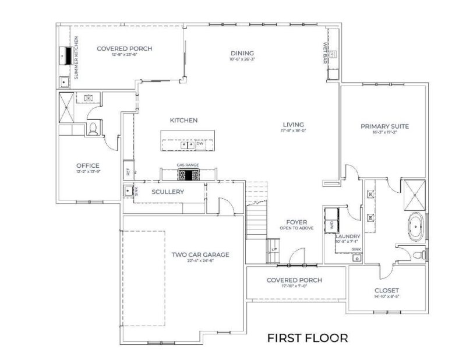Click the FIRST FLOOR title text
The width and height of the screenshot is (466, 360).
308,337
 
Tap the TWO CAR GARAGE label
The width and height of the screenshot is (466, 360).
200,255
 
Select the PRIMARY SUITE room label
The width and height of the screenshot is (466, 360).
384,126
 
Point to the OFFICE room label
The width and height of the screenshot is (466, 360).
87,165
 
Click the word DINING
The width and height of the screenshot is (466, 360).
242,54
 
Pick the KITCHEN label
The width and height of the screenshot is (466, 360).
183,120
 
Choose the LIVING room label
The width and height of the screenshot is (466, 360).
294,125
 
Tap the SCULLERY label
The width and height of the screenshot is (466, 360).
168,192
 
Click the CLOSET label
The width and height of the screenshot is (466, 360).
387,290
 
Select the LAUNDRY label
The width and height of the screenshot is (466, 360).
348,236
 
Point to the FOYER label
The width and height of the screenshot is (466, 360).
296,222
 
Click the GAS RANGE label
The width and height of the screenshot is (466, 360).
188,165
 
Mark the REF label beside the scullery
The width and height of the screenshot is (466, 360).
127,172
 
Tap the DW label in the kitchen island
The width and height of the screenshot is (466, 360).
200,143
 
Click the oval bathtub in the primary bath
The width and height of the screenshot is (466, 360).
416,227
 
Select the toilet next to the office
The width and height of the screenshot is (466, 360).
93,128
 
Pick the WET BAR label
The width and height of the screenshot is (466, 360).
325,53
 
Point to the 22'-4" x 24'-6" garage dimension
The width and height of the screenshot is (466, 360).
200,262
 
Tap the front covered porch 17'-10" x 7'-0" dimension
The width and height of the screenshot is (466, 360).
294,287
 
